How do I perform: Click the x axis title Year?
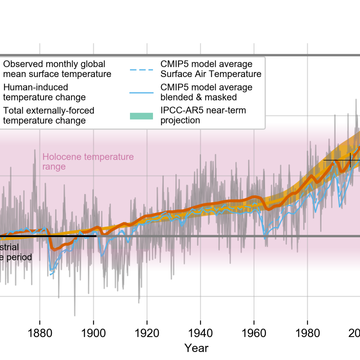pyautogui.click(x=196, y=348)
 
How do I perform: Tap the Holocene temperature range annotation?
pyautogui.click(x=88, y=162)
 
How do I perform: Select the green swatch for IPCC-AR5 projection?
pyautogui.click(x=141, y=115)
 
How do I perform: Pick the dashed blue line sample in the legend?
pyautogui.click(x=141, y=69)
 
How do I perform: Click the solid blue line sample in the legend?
pyautogui.click(x=141, y=92)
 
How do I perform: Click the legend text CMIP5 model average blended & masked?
pyautogui.click(x=206, y=92)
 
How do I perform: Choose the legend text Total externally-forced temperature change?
pyautogui.click(x=49, y=115)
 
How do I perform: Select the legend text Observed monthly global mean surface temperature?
pyautogui.click(x=57, y=69)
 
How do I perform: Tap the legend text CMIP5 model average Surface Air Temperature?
pyautogui.click(x=211, y=69)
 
